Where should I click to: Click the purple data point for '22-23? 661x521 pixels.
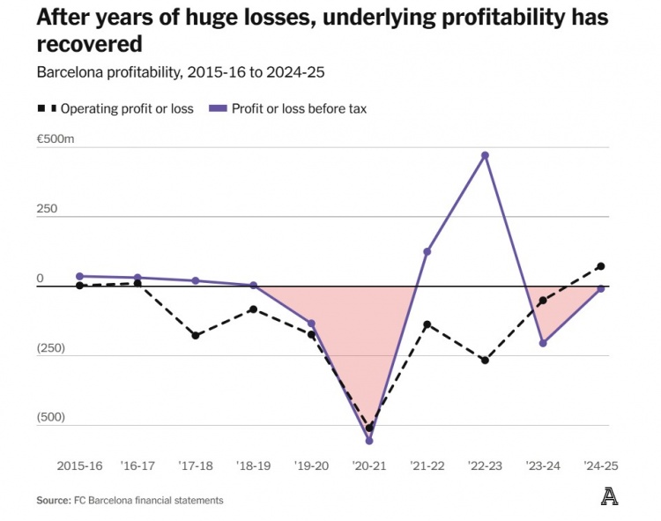click(485, 156)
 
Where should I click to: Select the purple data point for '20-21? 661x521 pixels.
click(369, 441)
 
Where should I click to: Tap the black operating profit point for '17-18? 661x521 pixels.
click(196, 336)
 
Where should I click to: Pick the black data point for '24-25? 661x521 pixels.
click(601, 266)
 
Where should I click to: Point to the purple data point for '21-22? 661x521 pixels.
click(427, 252)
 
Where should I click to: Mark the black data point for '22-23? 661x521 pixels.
click(485, 361)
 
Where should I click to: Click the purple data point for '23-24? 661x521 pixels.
click(543, 343)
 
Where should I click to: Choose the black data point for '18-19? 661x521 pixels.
click(254, 309)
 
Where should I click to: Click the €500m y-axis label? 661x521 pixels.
click(56, 140)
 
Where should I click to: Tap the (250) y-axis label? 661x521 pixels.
click(52, 347)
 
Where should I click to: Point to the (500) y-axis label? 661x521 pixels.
click(52, 417)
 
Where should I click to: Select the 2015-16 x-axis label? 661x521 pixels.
click(79, 465)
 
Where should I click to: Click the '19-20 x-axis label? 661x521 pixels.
click(311, 465)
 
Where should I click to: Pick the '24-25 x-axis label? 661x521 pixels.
click(601, 465)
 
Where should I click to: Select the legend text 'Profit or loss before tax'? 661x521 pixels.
click(299, 109)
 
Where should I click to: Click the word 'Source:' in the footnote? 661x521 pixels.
click(53, 500)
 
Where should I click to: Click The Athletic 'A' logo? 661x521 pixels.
click(609, 497)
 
